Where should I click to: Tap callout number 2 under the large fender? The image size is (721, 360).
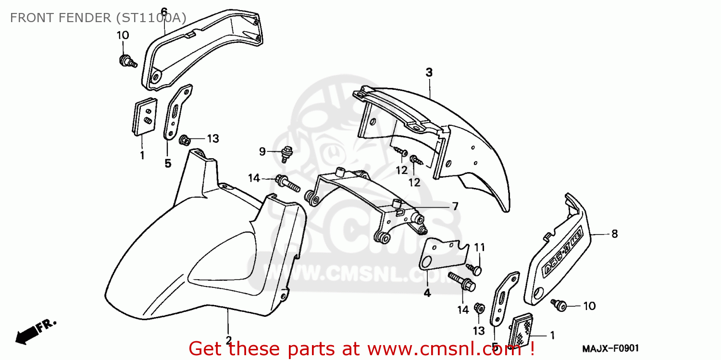pyautogui.click(x=229, y=339)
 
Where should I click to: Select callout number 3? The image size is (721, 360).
pyautogui.click(x=429, y=73)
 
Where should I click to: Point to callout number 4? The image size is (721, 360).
pyautogui.click(x=427, y=292)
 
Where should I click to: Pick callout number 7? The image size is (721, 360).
pyautogui.click(x=455, y=206)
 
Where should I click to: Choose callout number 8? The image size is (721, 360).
pyautogui.click(x=614, y=234)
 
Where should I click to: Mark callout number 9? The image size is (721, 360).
pyautogui.click(x=262, y=152)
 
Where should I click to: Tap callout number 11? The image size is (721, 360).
pyautogui.click(x=480, y=248)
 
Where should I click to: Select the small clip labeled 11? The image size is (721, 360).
pyautogui.click(x=476, y=270)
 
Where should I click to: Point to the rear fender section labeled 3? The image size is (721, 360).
pyautogui.click(x=461, y=144)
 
